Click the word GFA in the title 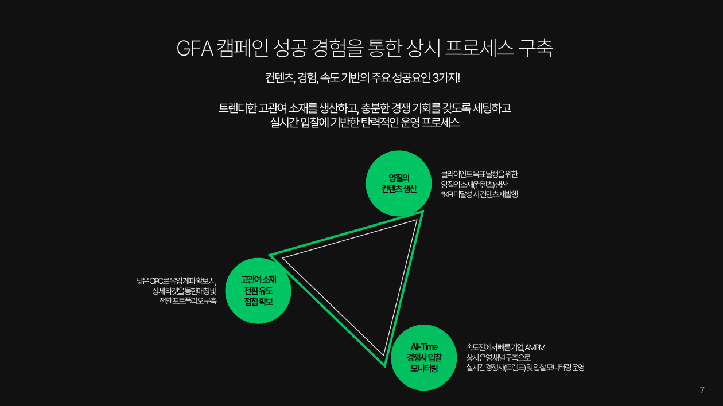click(195, 49)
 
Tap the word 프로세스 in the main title click(479, 48)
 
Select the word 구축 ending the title click(536, 48)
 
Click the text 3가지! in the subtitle click(446, 78)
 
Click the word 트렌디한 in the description click(238, 108)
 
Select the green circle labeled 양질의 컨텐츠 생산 click(399, 183)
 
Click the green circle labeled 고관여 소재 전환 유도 click(258, 291)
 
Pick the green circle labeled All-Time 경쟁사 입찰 click(424, 357)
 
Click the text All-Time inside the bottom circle click(424, 347)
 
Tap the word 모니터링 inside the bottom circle click(424, 368)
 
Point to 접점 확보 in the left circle click(258, 302)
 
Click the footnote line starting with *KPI click(479, 194)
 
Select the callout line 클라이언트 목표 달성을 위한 click(479, 174)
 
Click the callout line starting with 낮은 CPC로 click(176, 281)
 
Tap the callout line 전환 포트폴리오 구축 click(188, 301)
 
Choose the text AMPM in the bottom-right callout click(535, 348)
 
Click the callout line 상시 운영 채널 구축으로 click(498, 357)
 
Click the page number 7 click(702, 390)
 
